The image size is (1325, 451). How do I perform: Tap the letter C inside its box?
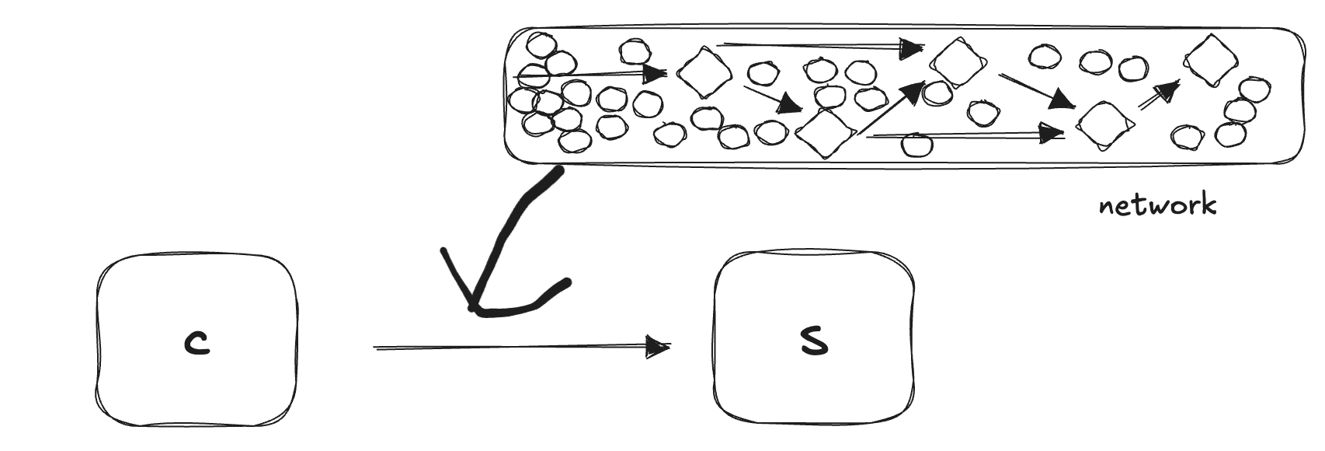(x=197, y=343)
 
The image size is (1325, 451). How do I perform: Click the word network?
(x=1157, y=206)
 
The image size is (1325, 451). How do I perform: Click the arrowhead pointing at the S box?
(x=659, y=347)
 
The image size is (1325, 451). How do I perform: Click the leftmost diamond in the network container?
(x=704, y=72)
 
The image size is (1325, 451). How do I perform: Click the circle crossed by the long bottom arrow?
(x=918, y=144)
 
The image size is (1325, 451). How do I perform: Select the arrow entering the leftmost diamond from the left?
(x=590, y=75)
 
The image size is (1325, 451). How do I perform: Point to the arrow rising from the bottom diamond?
(x=890, y=109)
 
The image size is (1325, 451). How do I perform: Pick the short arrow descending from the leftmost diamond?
(x=773, y=99)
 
